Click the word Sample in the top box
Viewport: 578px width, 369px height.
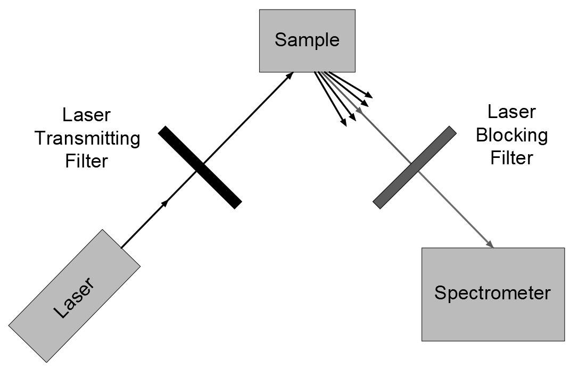(307, 40)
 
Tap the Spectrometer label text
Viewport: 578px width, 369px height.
(492, 293)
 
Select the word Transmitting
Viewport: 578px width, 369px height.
(87, 138)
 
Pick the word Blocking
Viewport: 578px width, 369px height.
(511, 135)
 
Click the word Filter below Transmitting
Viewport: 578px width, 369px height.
(87, 161)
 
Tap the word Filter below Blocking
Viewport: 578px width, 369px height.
(511, 158)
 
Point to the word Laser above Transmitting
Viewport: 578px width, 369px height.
(87, 115)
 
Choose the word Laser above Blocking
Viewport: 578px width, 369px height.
(511, 112)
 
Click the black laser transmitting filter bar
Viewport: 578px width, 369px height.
(200, 167)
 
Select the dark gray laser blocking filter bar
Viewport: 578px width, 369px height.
(415, 167)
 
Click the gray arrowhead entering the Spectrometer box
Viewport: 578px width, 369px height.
(490, 244)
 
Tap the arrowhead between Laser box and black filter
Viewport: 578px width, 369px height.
(166, 203)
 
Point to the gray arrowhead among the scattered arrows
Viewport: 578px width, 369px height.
(360, 111)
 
